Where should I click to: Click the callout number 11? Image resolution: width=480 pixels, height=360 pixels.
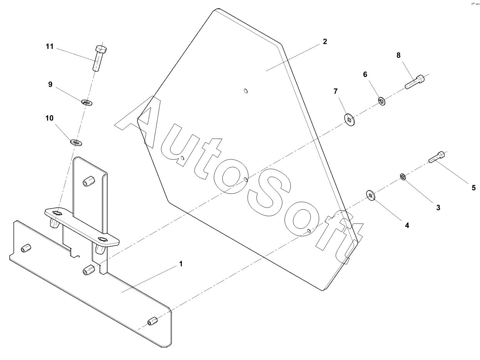coord(49,47)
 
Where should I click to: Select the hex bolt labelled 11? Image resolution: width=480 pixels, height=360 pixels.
coord(99,58)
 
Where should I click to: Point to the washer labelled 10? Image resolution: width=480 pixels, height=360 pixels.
coord(76,142)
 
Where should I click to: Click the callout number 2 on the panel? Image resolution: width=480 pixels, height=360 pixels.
coord(325,42)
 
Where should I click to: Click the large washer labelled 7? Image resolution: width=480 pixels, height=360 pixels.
coord(350,120)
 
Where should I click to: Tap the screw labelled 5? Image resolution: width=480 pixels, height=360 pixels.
coord(437,157)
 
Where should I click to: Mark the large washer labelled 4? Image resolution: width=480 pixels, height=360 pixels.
coord(371,196)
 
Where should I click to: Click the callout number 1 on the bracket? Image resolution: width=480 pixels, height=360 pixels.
coord(180,264)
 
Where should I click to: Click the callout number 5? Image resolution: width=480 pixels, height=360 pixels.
coord(473,188)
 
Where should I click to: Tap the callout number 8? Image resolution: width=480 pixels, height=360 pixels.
coord(398,55)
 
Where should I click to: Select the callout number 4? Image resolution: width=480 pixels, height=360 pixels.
coord(407,225)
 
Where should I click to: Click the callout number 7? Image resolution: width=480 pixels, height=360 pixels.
coord(336,91)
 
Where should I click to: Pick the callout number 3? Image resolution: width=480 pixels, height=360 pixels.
coord(438,208)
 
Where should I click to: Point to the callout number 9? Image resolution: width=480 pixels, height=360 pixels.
coord(50,84)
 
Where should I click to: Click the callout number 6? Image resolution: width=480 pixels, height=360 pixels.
coord(365,74)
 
